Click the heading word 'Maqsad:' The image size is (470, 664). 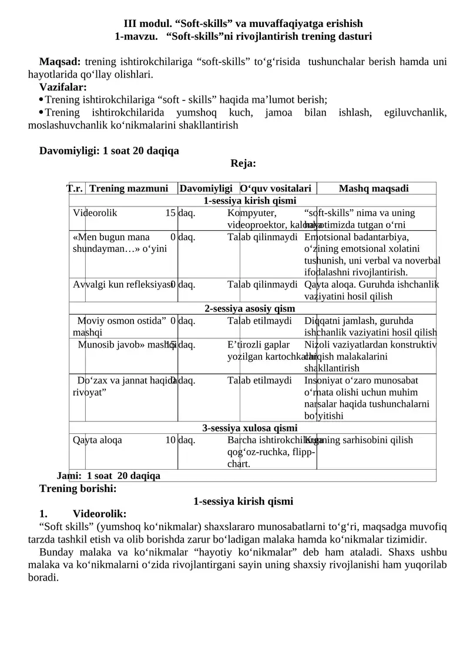point(60,62)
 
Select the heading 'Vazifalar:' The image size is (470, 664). point(63,87)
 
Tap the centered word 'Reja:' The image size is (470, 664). point(243,163)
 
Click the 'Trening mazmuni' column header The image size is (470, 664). point(132,188)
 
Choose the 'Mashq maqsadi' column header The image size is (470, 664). point(374,188)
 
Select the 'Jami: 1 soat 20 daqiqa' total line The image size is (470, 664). point(109,476)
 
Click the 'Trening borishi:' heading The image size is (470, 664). point(78,488)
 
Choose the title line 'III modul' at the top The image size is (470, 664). point(243,24)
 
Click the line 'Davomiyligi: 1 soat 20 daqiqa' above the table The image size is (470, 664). point(109,151)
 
